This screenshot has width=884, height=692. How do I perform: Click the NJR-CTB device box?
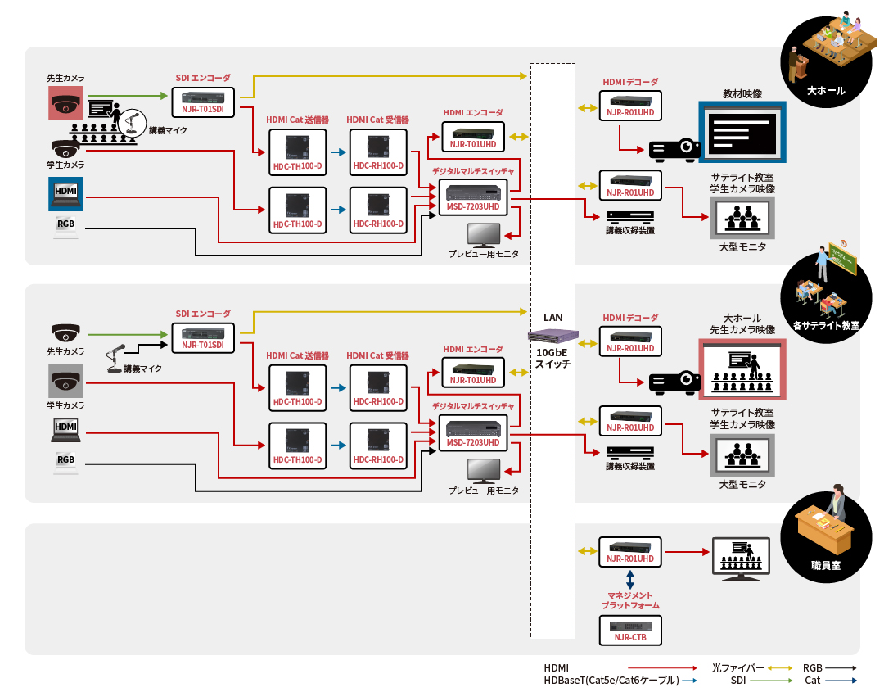click(x=629, y=630)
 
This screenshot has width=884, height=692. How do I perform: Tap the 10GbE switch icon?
click(x=553, y=335)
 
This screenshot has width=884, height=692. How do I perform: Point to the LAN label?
click(x=553, y=317)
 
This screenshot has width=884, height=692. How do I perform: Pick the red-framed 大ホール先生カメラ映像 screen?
click(x=742, y=369)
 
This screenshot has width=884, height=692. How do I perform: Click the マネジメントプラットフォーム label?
click(x=629, y=600)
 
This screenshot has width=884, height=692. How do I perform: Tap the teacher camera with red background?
click(x=65, y=104)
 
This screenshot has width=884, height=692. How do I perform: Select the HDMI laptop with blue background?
click(x=65, y=193)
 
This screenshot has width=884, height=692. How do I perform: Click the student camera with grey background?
click(x=65, y=382)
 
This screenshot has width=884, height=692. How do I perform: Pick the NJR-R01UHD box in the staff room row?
click(x=629, y=551)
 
